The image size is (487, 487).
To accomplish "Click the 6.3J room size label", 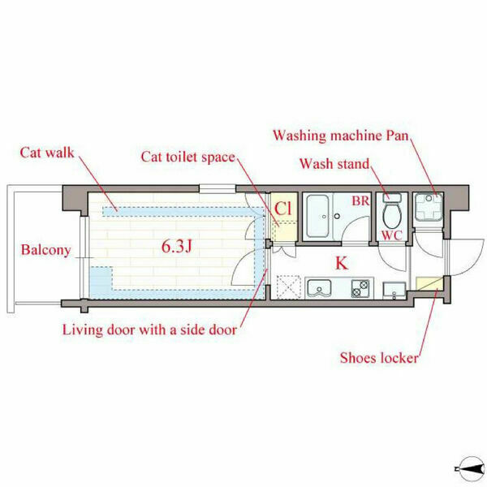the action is [176, 247].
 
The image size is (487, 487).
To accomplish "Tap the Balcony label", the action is [46, 250].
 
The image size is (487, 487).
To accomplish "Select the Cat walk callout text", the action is [47, 153].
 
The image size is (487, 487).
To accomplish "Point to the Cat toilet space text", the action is [188, 157].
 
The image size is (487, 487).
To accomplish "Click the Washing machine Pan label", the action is [341, 136].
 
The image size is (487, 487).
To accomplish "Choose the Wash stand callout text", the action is [334, 164].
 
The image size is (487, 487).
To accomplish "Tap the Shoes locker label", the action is [379, 358].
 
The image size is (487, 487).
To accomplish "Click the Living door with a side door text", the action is [149, 330].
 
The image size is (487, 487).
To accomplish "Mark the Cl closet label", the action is [283, 209].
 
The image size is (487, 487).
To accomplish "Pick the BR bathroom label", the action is [360, 201].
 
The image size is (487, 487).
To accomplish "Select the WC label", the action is [392, 235].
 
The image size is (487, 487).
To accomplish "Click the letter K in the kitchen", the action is [342, 263].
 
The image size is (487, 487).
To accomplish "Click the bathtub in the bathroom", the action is [317, 216].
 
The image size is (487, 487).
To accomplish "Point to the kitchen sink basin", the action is [319, 287].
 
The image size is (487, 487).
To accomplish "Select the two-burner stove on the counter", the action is [360, 288].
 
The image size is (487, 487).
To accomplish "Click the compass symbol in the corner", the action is [470, 468].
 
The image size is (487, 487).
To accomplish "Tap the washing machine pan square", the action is [429, 207].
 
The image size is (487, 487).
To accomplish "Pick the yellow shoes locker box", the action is [429, 283].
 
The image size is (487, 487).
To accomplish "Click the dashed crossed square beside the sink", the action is [288, 287].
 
